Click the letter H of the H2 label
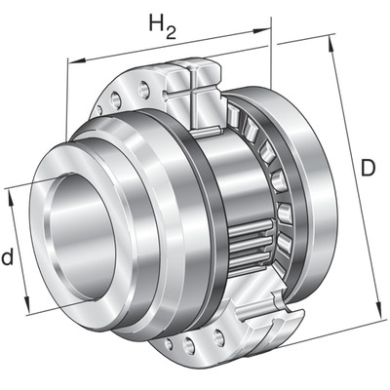pyautogui.click(x=156, y=22)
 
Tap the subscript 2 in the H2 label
pyautogui.click(x=171, y=32)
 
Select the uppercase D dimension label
pyautogui.click(x=368, y=168)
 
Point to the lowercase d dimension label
pyautogui.click(x=7, y=256)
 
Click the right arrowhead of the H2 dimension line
pyautogui.click(x=261, y=30)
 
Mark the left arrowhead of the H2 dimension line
pyautogui.click(x=76, y=60)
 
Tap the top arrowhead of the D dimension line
pyautogui.click(x=331, y=43)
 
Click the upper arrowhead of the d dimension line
pyautogui.click(x=12, y=197)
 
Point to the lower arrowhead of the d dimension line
pyautogui.click(x=27, y=304)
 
